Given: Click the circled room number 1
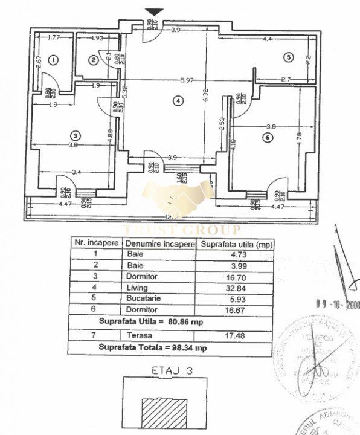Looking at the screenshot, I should point(54,60).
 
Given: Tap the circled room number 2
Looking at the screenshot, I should point(93,59).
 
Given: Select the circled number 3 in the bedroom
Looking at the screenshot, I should point(75,135).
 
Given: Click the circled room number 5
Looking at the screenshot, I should point(289,57).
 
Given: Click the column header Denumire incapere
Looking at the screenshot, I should point(159,244).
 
